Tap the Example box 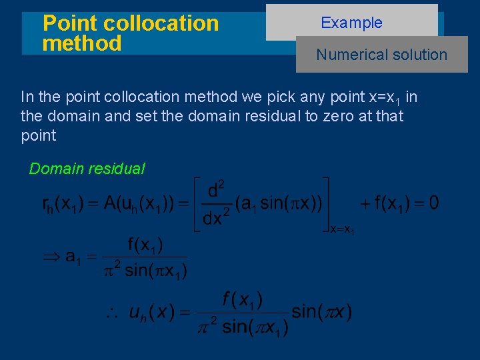tap(351, 22)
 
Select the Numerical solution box tap(382, 55)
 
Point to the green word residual tap(113, 169)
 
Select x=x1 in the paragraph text tap(385, 98)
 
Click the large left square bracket tap(197, 204)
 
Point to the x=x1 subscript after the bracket tap(343, 229)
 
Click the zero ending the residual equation tap(433, 203)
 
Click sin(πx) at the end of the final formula tap(322, 311)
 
